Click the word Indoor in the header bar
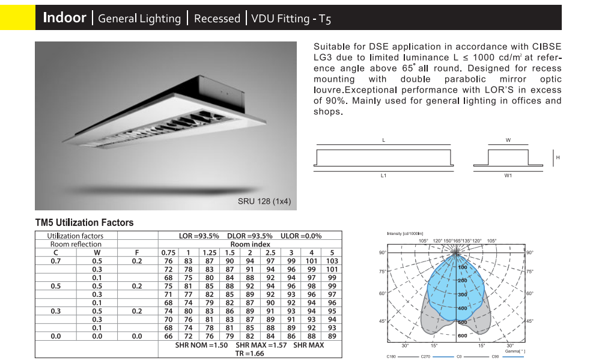[65, 17]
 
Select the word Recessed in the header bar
[217, 19]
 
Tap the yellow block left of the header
[18, 17]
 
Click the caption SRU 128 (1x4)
[264, 201]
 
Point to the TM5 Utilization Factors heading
[84, 222]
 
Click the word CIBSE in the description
[547, 46]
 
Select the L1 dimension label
[383, 175]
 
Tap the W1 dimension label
[508, 175]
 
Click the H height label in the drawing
[558, 157]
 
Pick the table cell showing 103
[332, 261]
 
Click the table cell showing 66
[168, 336]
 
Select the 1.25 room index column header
[209, 252]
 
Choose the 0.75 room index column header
[168, 252]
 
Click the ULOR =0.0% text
[301, 236]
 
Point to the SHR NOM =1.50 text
[202, 345]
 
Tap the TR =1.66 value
[249, 353]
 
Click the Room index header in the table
[251, 244]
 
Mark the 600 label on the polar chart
[463, 336]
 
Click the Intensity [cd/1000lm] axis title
[405, 234]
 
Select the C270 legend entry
[425, 356]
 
